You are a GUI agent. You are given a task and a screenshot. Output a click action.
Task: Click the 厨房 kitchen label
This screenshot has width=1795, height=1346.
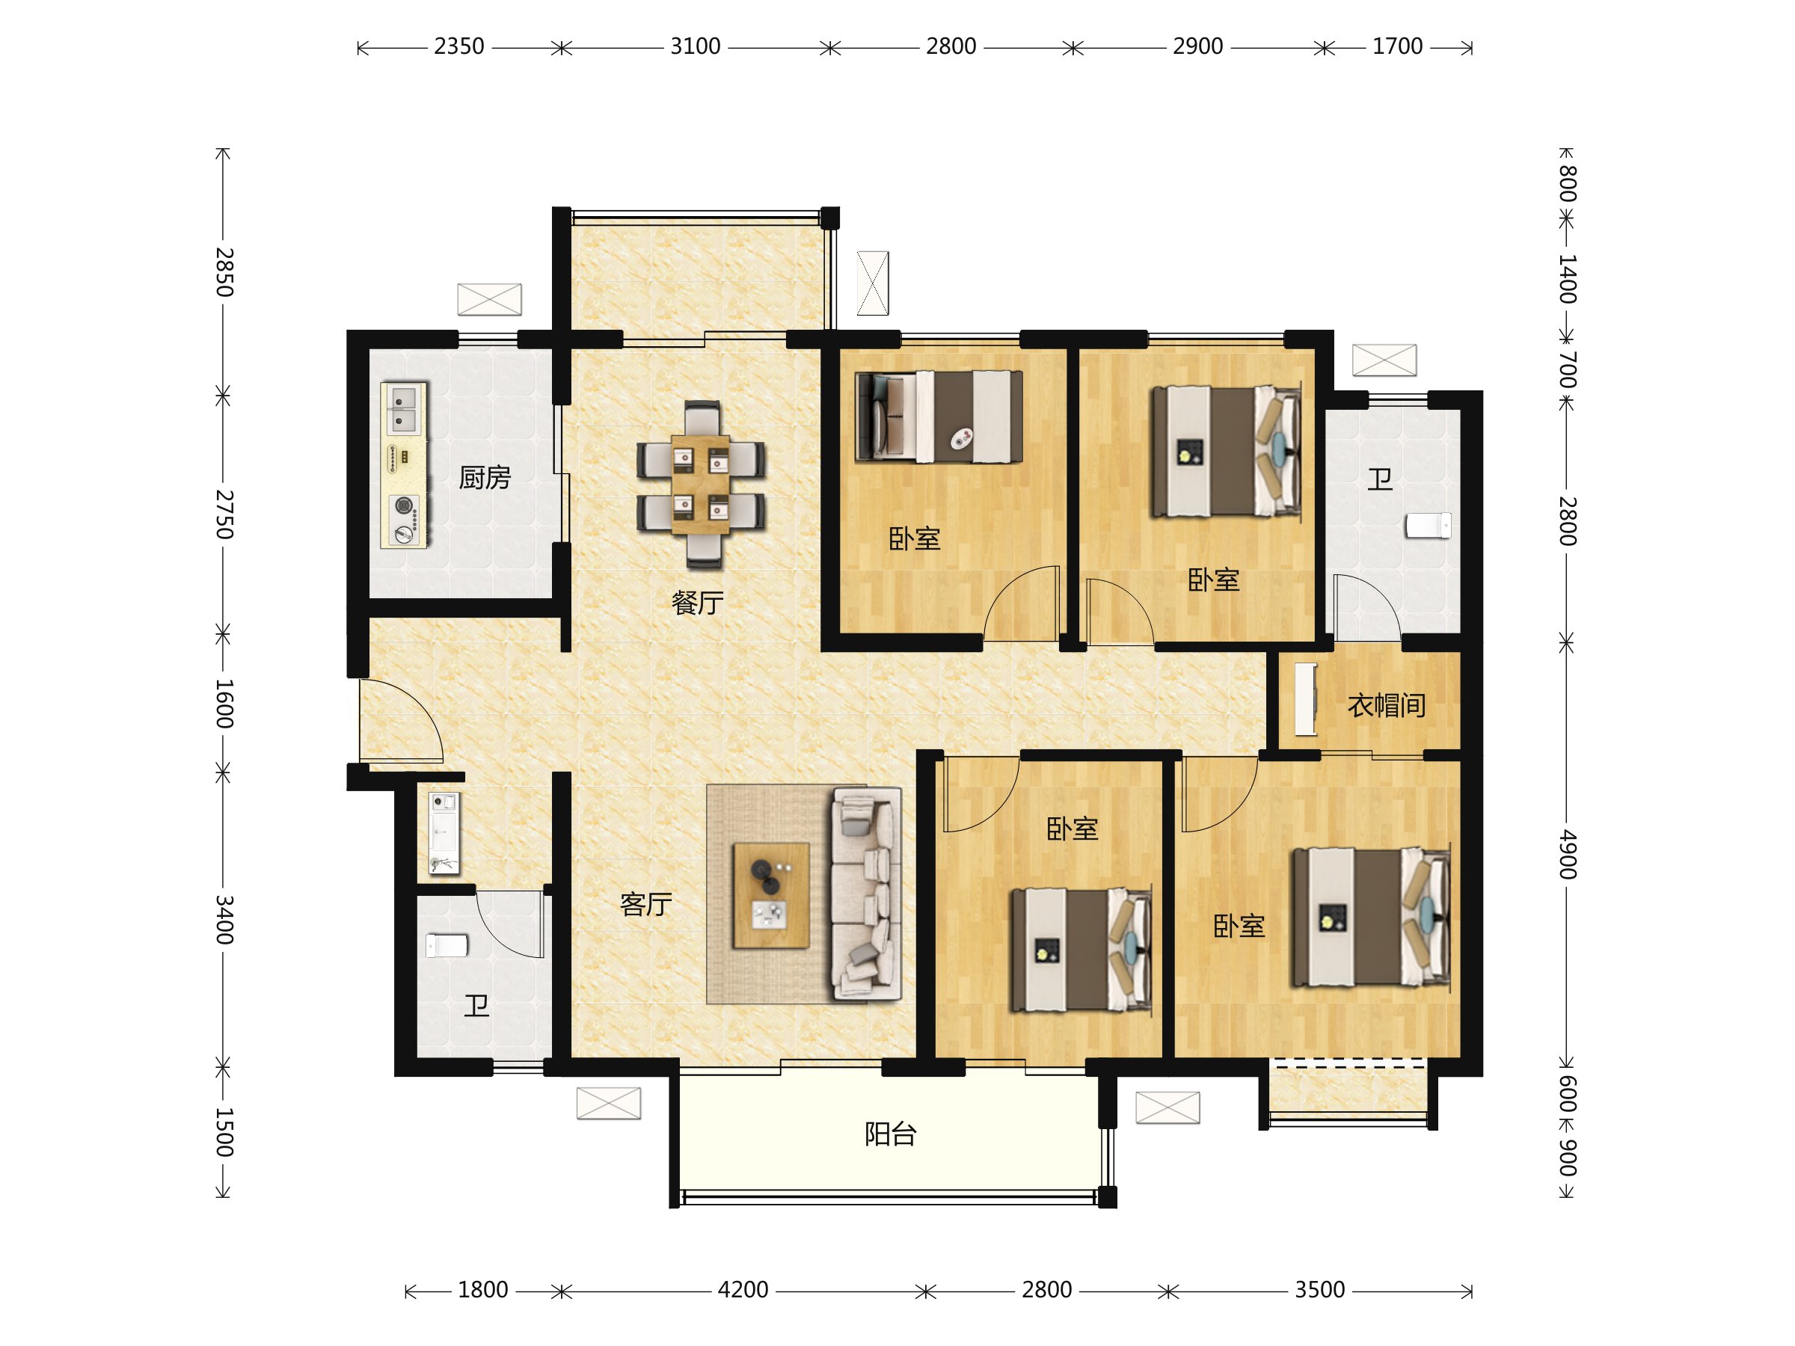click(x=485, y=478)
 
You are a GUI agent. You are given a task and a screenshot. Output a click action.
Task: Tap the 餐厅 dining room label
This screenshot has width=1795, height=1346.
click(x=697, y=603)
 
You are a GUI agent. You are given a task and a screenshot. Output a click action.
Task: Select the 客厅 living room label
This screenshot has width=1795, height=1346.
click(x=646, y=904)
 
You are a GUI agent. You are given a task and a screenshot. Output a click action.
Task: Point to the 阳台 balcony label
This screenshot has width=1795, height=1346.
click(x=890, y=1134)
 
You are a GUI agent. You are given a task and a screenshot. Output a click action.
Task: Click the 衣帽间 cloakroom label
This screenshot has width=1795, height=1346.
click(x=1387, y=706)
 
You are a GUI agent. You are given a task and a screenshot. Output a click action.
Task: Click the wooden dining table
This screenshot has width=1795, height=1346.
click(x=701, y=485)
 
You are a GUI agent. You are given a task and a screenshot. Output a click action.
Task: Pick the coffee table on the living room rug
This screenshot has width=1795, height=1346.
click(x=771, y=896)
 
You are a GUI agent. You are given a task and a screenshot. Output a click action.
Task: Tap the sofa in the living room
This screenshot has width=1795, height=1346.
click(x=867, y=894)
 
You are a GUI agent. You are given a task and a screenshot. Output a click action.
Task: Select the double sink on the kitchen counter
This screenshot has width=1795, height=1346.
click(x=403, y=409)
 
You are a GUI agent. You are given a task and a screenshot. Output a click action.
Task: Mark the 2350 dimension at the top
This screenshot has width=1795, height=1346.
click(x=459, y=46)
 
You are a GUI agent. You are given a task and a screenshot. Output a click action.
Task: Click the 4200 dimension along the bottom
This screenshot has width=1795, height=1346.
click(x=743, y=1290)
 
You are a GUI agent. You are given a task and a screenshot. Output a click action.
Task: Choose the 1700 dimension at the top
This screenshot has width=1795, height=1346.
click(x=1397, y=46)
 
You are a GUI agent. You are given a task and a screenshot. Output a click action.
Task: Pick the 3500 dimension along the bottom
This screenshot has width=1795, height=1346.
click(x=1320, y=1290)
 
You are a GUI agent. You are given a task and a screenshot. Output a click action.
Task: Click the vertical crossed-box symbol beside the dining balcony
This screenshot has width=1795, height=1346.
click(x=873, y=283)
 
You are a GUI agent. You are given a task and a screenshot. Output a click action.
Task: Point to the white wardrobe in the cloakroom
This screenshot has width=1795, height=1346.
click(x=1306, y=699)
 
